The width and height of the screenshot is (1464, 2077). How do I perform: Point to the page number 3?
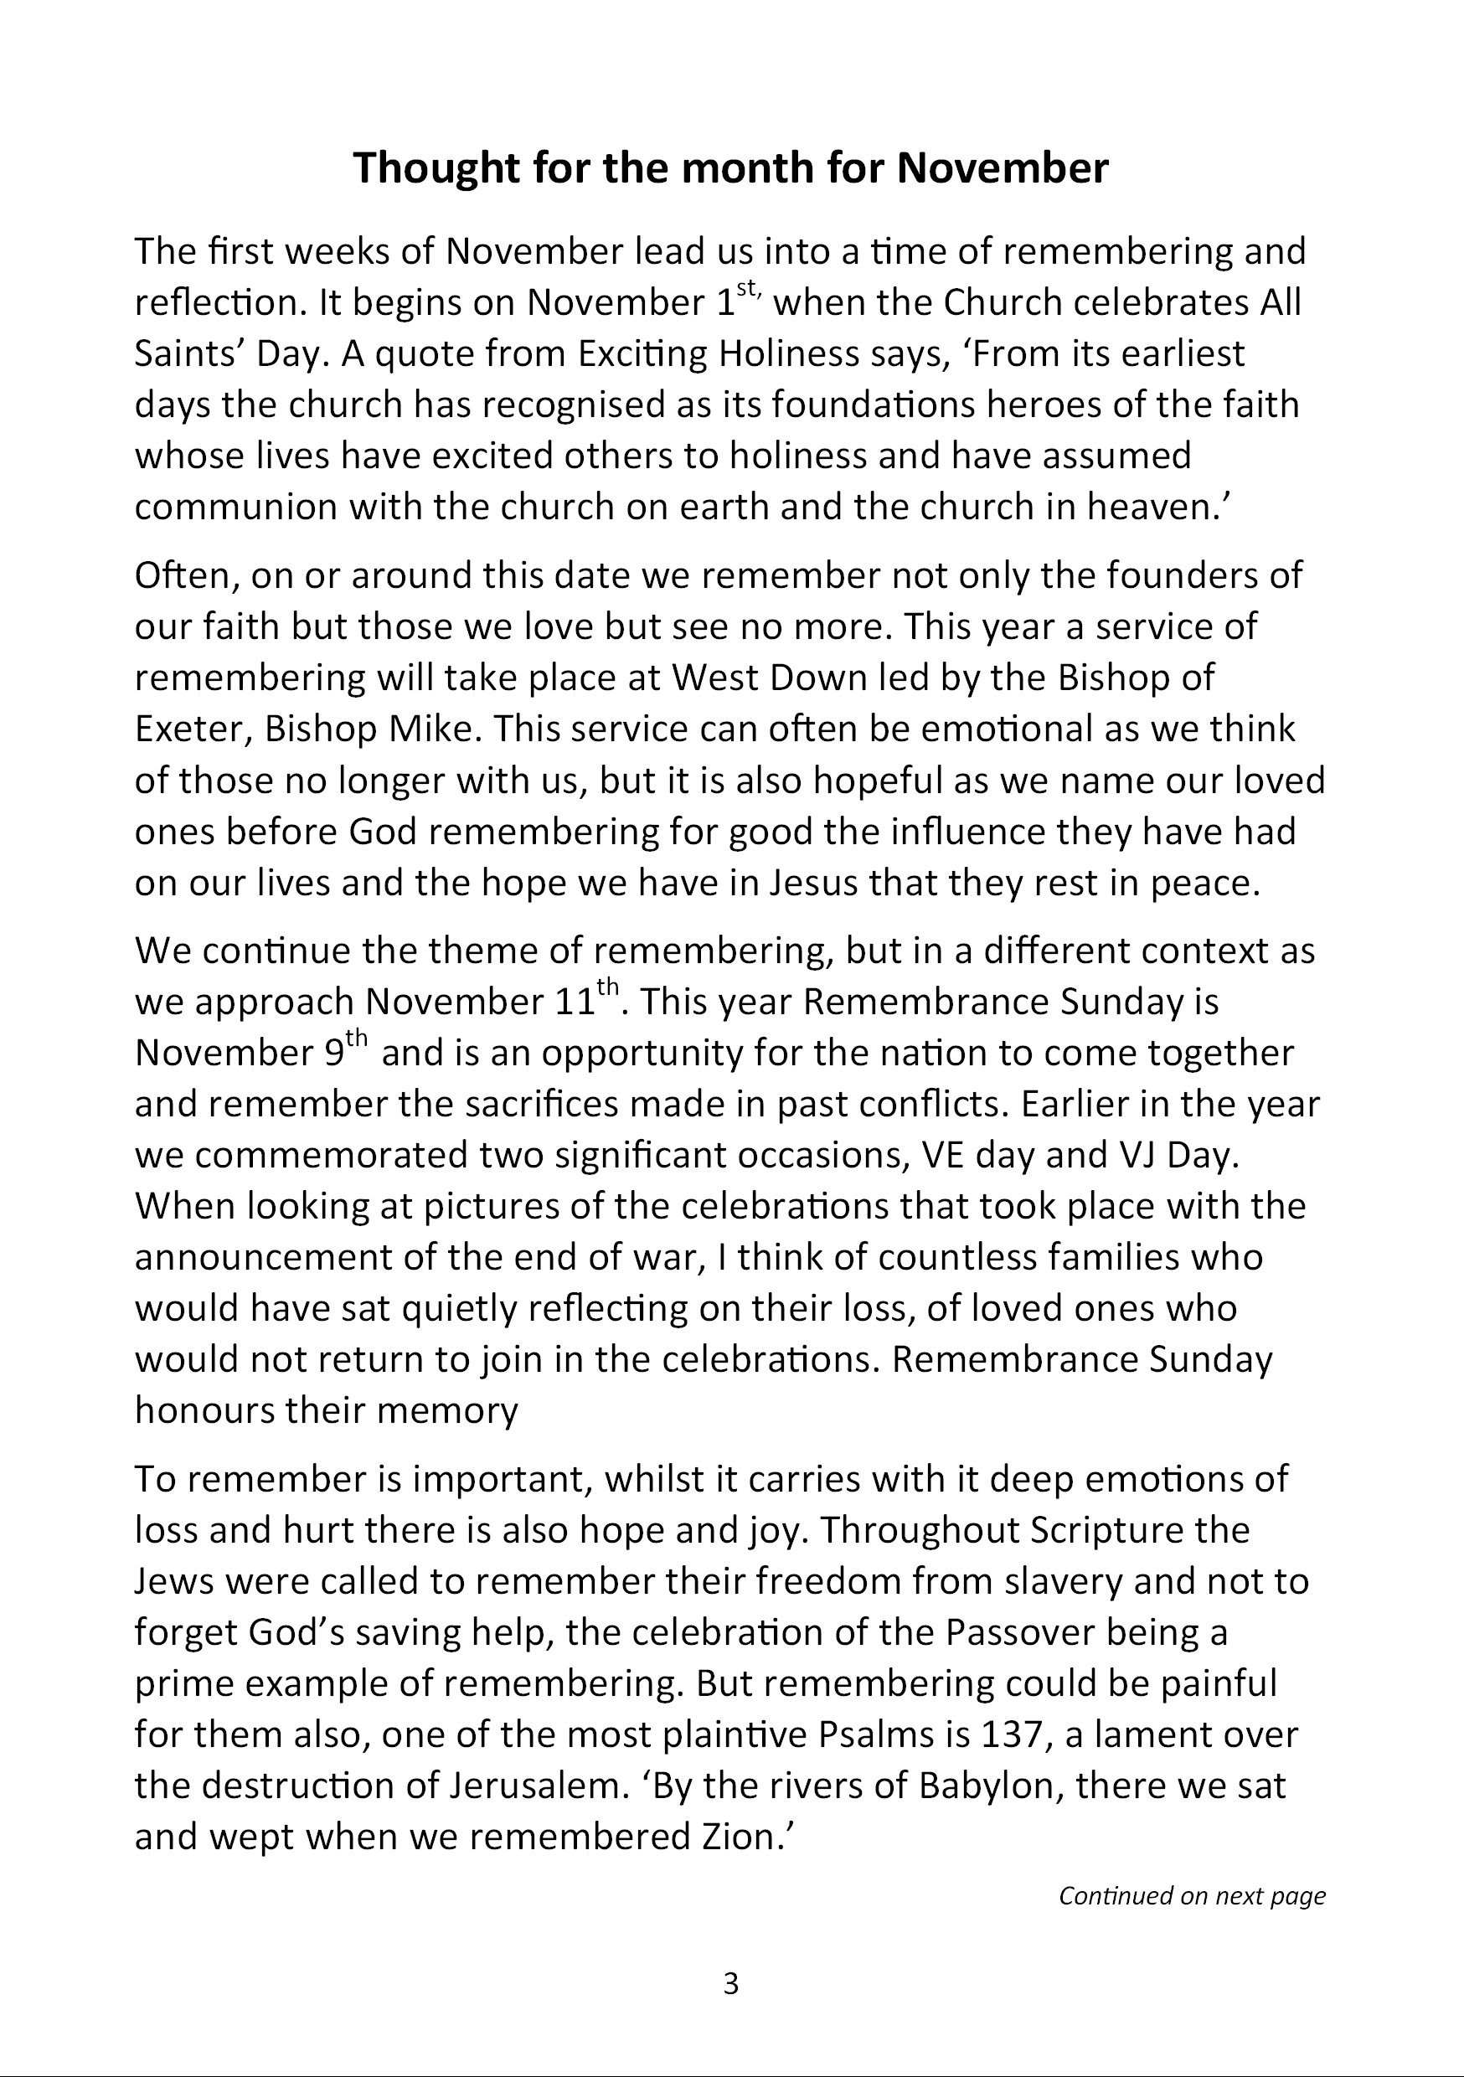pos(731,1983)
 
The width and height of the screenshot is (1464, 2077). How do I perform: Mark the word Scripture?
pos(1106,1531)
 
